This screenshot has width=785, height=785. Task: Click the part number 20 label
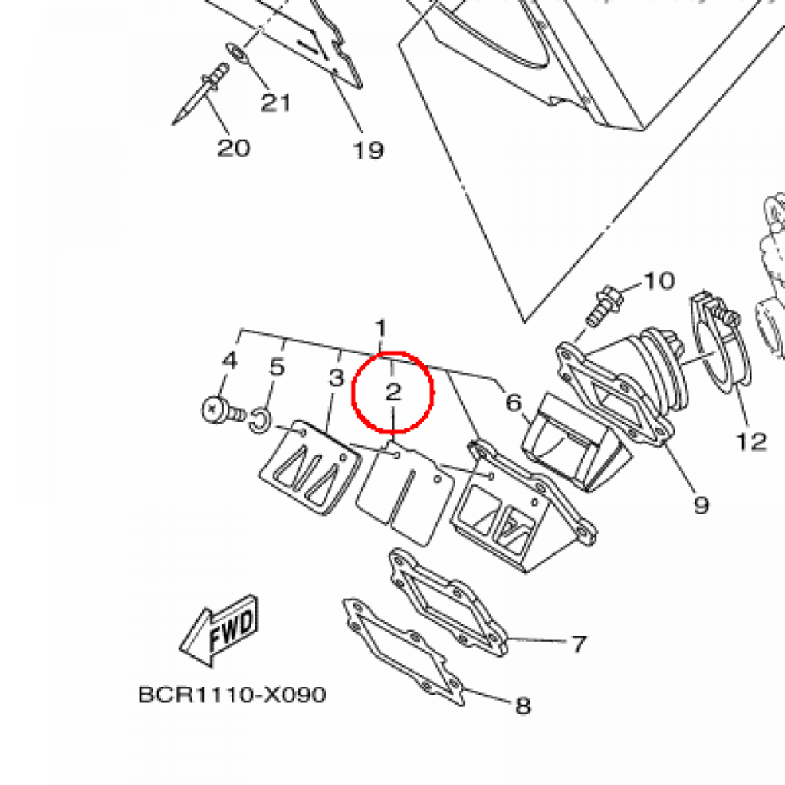[x=234, y=146]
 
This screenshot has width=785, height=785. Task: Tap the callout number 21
[x=275, y=101]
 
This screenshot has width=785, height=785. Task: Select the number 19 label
[x=368, y=149]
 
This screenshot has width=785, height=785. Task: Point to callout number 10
[x=659, y=281]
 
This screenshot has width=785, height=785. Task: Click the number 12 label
[x=752, y=441]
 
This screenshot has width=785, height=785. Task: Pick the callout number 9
[x=701, y=504]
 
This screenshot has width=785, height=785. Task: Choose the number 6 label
[x=513, y=402]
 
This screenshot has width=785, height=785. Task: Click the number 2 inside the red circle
[x=393, y=392]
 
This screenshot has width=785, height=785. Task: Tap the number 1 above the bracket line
[x=381, y=328]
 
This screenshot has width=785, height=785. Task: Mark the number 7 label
[x=578, y=644]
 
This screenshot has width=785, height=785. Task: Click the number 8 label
[x=523, y=705]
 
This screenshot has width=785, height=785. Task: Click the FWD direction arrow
[x=218, y=631]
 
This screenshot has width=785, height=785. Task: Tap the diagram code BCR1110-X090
[x=232, y=695]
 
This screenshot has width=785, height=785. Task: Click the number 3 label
[x=335, y=377]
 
